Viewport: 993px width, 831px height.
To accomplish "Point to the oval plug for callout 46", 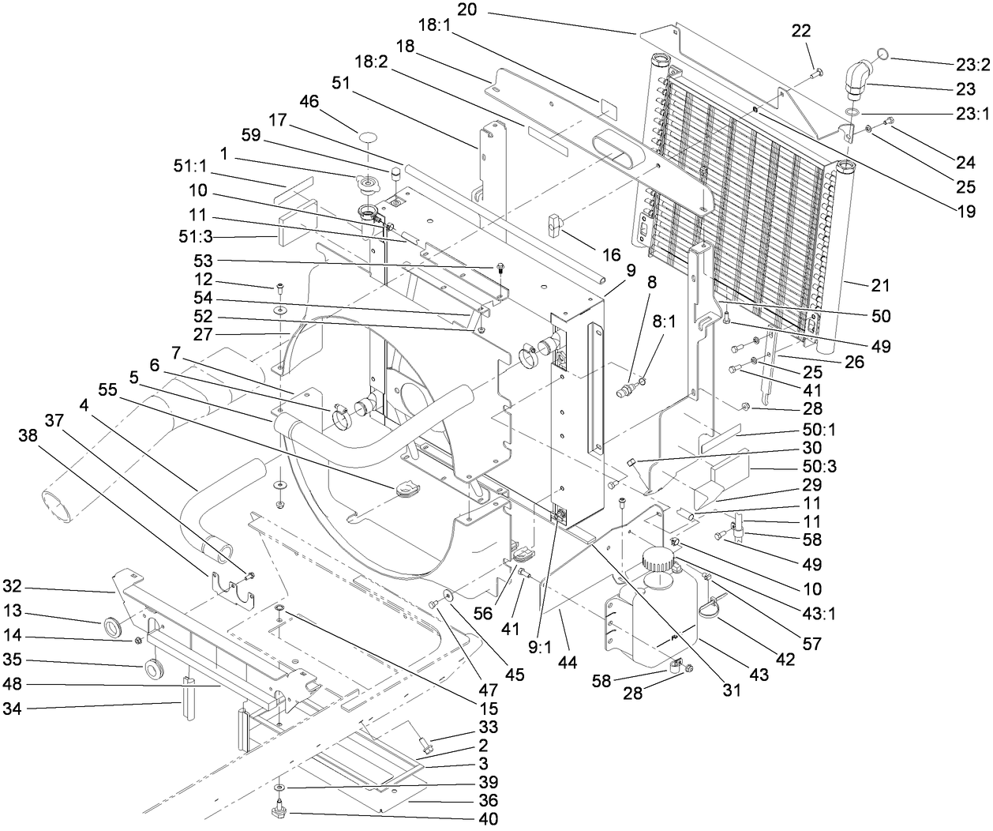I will coord(367,138).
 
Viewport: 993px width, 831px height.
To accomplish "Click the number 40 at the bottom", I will coord(488,819).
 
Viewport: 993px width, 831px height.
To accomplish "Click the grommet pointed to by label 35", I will coord(152,669).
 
